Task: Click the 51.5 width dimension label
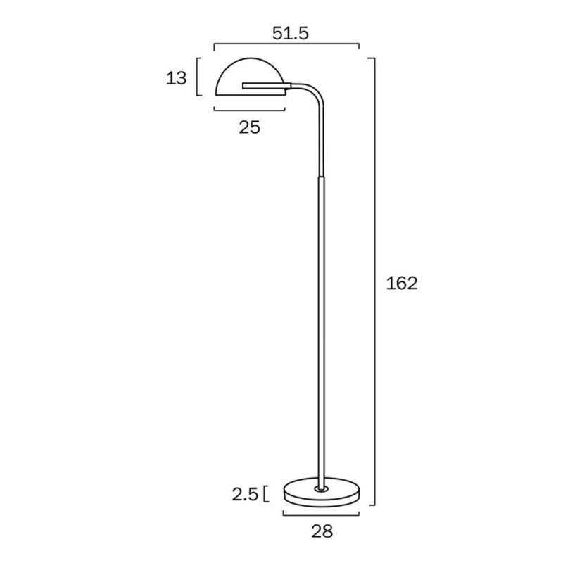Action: point(289,33)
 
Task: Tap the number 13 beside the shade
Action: point(177,78)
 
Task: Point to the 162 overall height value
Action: point(403,283)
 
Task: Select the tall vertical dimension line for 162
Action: point(374,281)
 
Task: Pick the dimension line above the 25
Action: point(251,109)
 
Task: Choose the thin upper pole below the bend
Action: point(322,141)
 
